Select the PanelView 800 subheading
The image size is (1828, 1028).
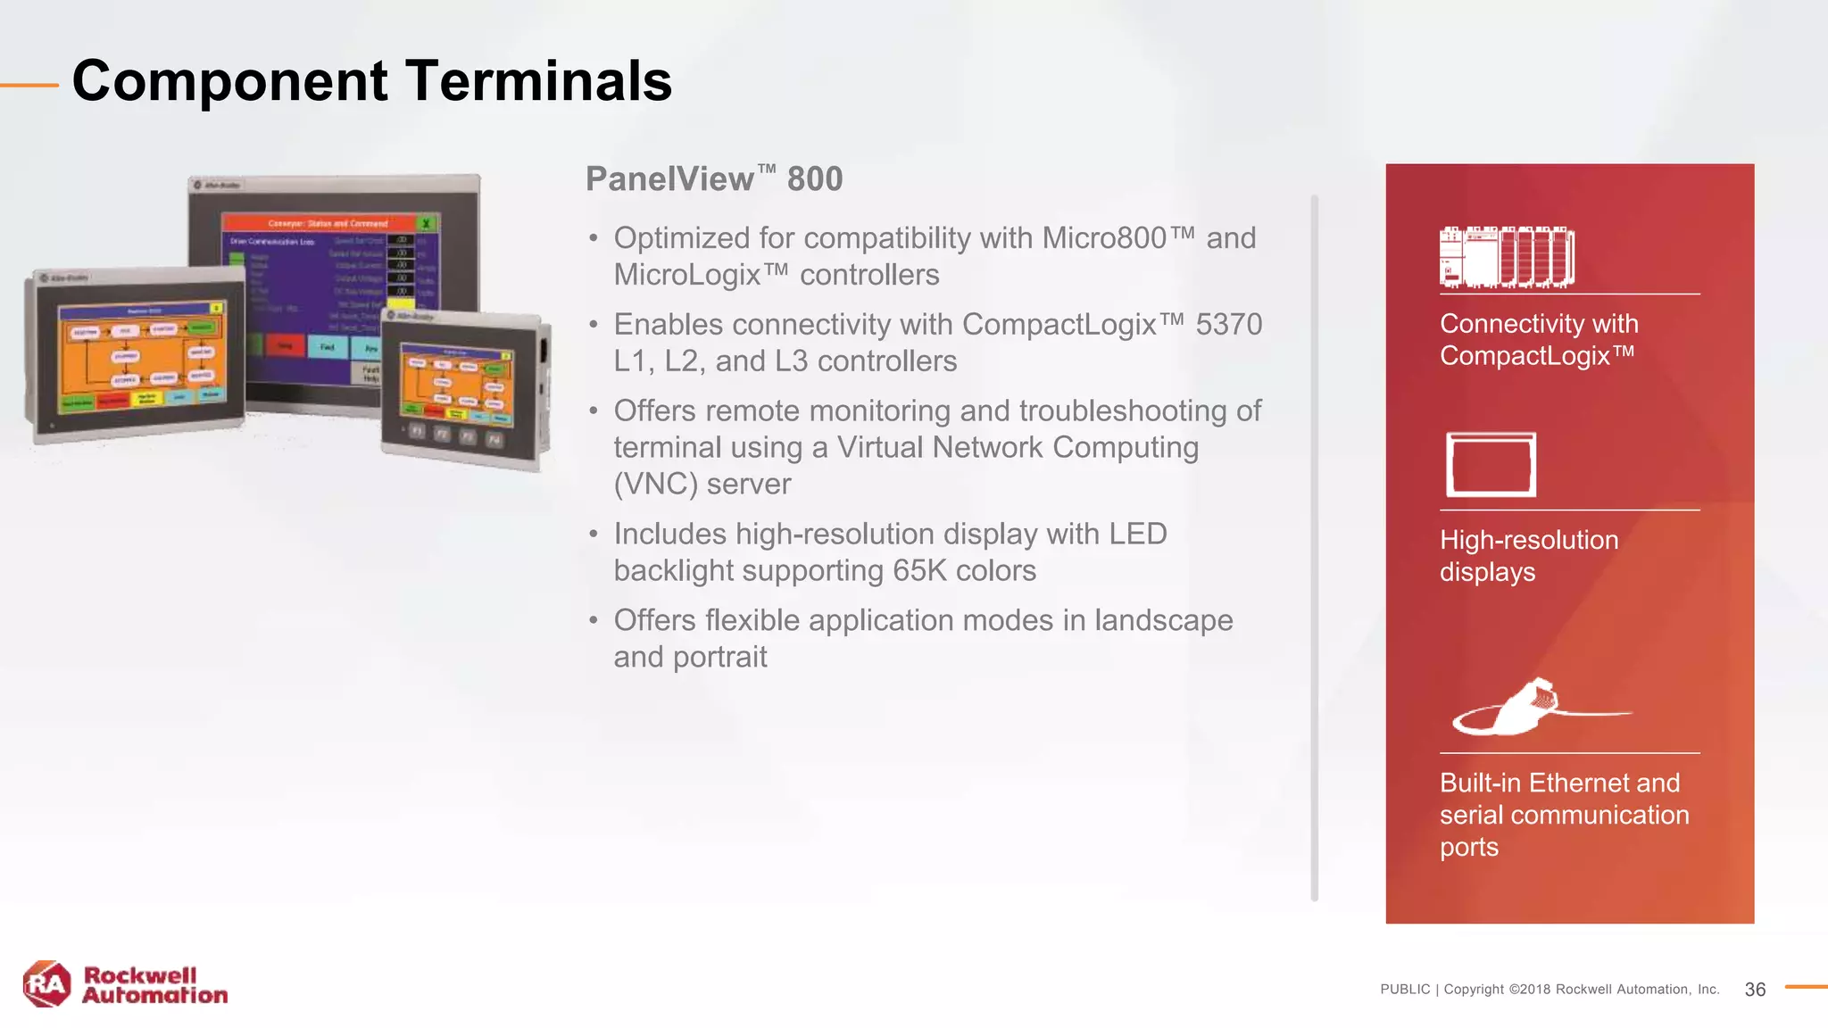click(x=714, y=179)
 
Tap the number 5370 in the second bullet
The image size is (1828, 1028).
click(x=1228, y=325)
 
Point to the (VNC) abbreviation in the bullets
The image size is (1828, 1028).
click(x=656, y=485)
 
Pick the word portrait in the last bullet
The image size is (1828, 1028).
click(x=720, y=658)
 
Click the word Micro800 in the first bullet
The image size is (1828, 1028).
click(x=1105, y=239)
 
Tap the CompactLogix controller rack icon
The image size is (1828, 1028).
click(x=1507, y=258)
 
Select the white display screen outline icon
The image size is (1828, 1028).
click(x=1491, y=465)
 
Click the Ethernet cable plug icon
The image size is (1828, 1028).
click(x=1526, y=707)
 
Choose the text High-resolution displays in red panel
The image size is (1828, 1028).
click(x=1528, y=556)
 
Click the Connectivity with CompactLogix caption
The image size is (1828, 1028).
click(x=1539, y=340)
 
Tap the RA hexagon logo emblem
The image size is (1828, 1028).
click(x=46, y=984)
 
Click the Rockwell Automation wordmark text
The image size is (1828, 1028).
click(x=154, y=985)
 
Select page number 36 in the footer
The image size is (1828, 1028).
click(x=1755, y=990)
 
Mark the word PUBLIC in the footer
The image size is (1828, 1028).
click(x=1405, y=990)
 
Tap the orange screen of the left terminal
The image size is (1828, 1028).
click(x=141, y=354)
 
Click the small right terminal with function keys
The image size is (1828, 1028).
click(x=464, y=393)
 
